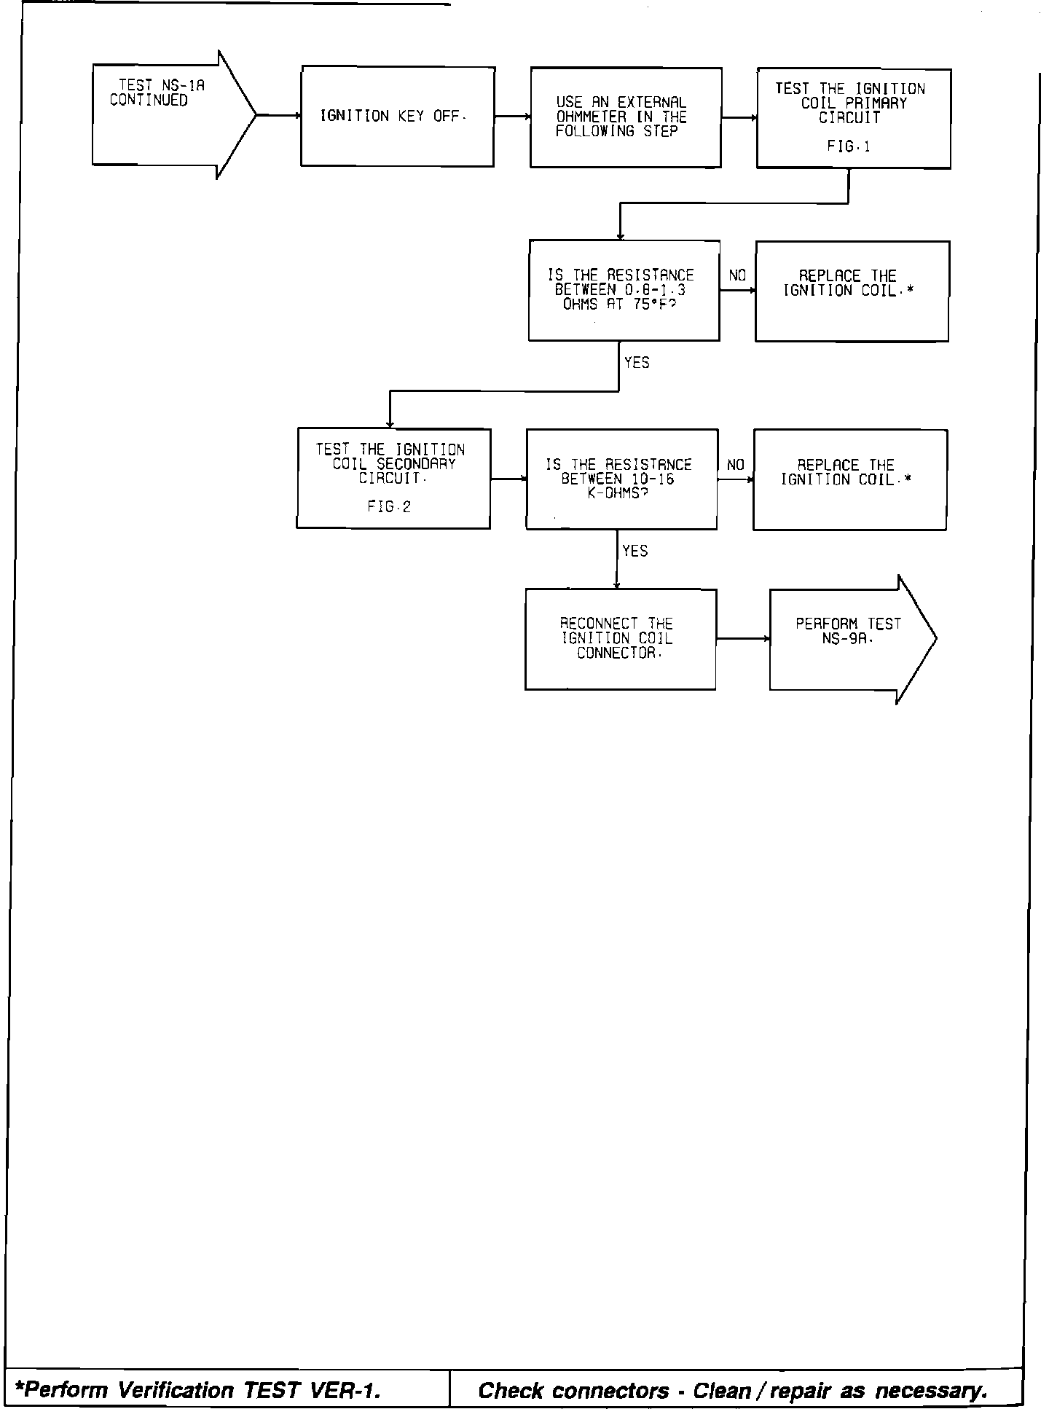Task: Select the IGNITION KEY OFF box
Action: (x=398, y=117)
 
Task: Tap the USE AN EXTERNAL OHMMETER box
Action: (x=626, y=117)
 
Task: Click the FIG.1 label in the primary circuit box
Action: (x=849, y=146)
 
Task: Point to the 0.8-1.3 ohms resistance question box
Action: (x=624, y=290)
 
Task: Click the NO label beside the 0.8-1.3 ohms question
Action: (x=737, y=276)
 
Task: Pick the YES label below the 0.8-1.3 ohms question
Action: (x=637, y=363)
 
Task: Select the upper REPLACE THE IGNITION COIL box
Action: (x=852, y=291)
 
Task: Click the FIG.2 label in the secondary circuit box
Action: (x=389, y=507)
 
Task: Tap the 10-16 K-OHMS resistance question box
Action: (x=621, y=479)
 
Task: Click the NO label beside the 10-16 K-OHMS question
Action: (x=736, y=465)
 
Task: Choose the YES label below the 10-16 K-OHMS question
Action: (x=635, y=552)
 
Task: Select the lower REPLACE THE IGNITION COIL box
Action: (x=849, y=479)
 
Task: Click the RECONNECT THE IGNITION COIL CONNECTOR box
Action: (x=620, y=639)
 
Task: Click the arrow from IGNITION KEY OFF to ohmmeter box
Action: (x=512, y=117)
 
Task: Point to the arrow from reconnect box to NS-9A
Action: (x=743, y=639)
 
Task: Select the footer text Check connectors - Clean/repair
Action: (x=733, y=1390)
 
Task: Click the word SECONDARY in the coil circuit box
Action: (x=416, y=464)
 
